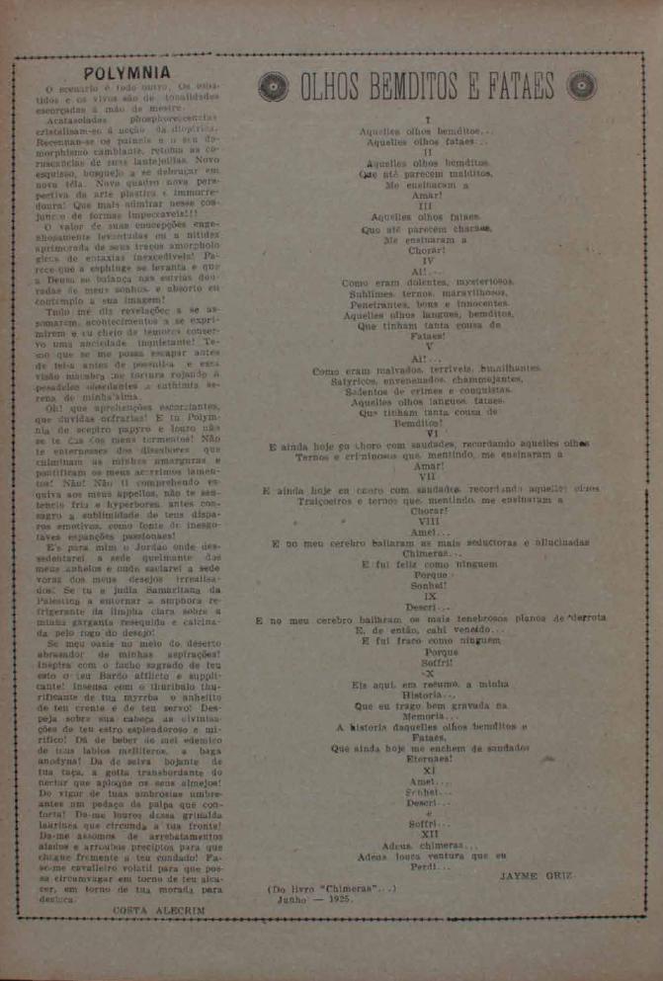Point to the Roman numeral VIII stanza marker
(428, 521)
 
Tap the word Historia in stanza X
(429, 695)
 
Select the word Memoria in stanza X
(428, 716)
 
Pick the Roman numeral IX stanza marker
(430, 597)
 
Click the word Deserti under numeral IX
(428, 608)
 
